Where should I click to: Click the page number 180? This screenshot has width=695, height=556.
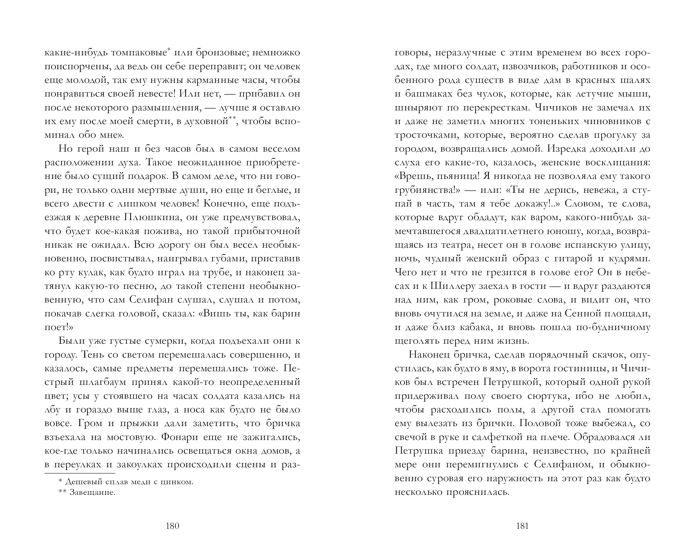click(x=173, y=526)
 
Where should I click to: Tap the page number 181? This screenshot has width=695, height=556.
click(x=522, y=526)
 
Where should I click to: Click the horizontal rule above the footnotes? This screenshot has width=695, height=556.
click(x=80, y=473)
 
